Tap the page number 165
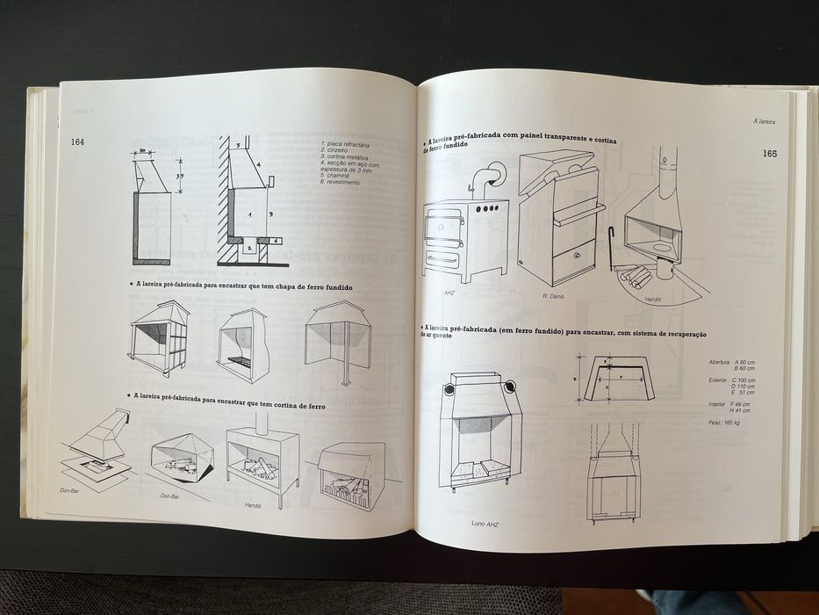click(x=769, y=153)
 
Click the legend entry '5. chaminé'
click(x=337, y=175)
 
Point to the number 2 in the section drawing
click(x=249, y=249)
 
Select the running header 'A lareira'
click(x=770, y=121)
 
